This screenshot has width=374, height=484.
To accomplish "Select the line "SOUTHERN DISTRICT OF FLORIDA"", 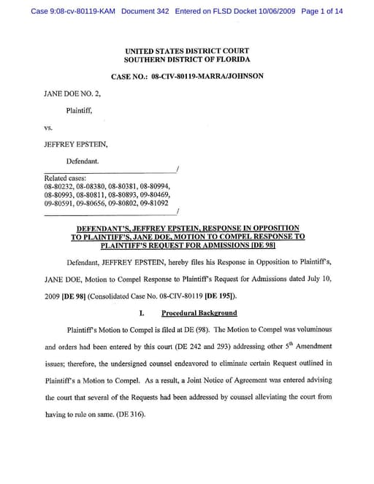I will pos(187,59).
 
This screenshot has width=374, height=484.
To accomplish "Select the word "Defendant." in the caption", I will pos(84,159).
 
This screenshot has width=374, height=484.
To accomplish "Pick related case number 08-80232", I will pos(59,187).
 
